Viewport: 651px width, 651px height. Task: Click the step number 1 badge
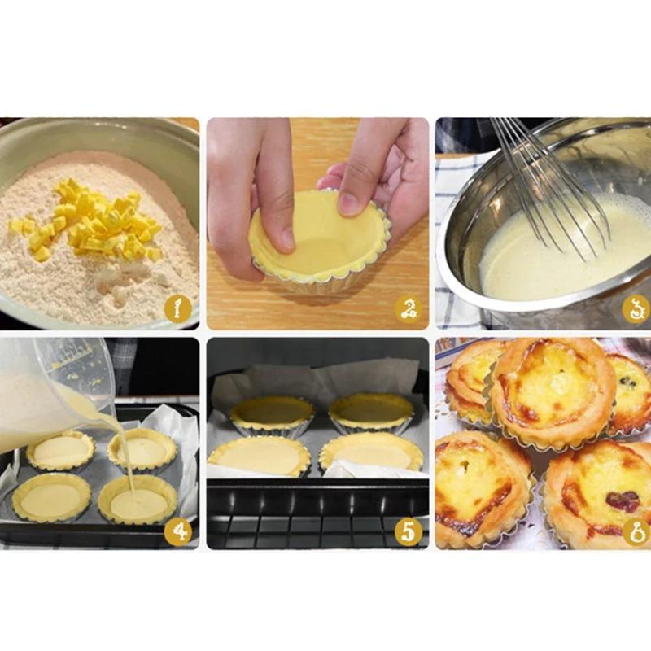177,309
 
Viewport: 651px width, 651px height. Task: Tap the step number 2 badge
408,309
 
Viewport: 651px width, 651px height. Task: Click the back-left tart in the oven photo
271,413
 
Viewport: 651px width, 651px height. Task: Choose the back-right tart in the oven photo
373,411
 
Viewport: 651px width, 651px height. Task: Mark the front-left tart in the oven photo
259,456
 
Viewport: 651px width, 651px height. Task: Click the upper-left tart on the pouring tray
60,450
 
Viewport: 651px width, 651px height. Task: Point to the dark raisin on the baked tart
623,501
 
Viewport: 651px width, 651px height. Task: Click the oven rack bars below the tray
317,529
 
